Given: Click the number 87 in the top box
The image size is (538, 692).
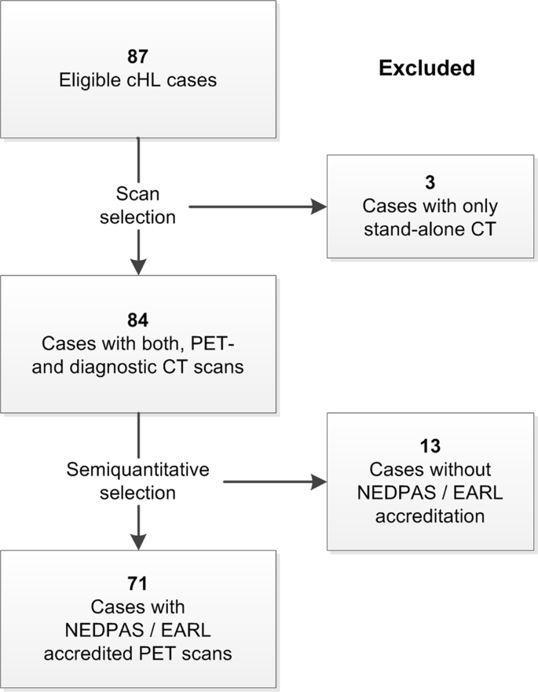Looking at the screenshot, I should pyautogui.click(x=138, y=56).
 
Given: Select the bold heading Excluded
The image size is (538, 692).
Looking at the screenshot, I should pyautogui.click(x=426, y=68).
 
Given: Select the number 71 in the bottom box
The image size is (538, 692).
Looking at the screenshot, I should pyautogui.click(x=138, y=584).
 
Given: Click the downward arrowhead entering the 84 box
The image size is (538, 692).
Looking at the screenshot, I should pyautogui.click(x=138, y=265).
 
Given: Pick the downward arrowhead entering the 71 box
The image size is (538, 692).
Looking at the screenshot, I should pyautogui.click(x=138, y=540).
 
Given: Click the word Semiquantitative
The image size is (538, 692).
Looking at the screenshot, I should pyautogui.click(x=138, y=470).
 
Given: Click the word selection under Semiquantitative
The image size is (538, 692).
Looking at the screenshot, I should pyautogui.click(x=138, y=492).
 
